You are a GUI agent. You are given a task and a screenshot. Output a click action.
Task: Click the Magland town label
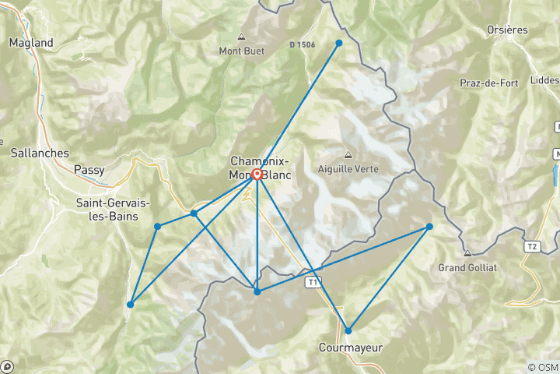(x=31, y=43)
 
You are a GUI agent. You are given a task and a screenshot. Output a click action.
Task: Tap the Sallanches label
(x=40, y=153)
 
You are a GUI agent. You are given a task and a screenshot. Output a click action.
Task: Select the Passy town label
(x=89, y=168)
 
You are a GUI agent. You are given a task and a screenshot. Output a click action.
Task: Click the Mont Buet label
(x=241, y=51)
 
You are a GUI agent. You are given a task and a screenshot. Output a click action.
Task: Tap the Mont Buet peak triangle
(x=241, y=37)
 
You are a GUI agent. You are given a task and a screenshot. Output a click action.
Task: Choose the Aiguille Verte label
(x=346, y=168)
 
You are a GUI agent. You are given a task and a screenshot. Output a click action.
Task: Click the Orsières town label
(x=506, y=30)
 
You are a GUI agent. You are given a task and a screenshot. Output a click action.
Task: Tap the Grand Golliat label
(x=467, y=267)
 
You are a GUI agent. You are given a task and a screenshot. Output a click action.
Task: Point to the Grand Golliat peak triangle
(x=467, y=253)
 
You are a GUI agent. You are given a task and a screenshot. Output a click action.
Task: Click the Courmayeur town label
(x=351, y=348)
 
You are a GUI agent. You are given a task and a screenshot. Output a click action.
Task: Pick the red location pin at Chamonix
(x=257, y=175)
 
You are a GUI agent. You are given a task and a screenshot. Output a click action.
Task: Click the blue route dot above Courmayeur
(x=348, y=330)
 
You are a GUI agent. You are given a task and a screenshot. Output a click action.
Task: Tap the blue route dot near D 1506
(x=339, y=43)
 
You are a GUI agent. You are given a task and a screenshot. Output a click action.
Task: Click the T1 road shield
(x=313, y=280)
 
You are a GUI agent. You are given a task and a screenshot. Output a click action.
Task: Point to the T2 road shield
(x=532, y=247)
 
